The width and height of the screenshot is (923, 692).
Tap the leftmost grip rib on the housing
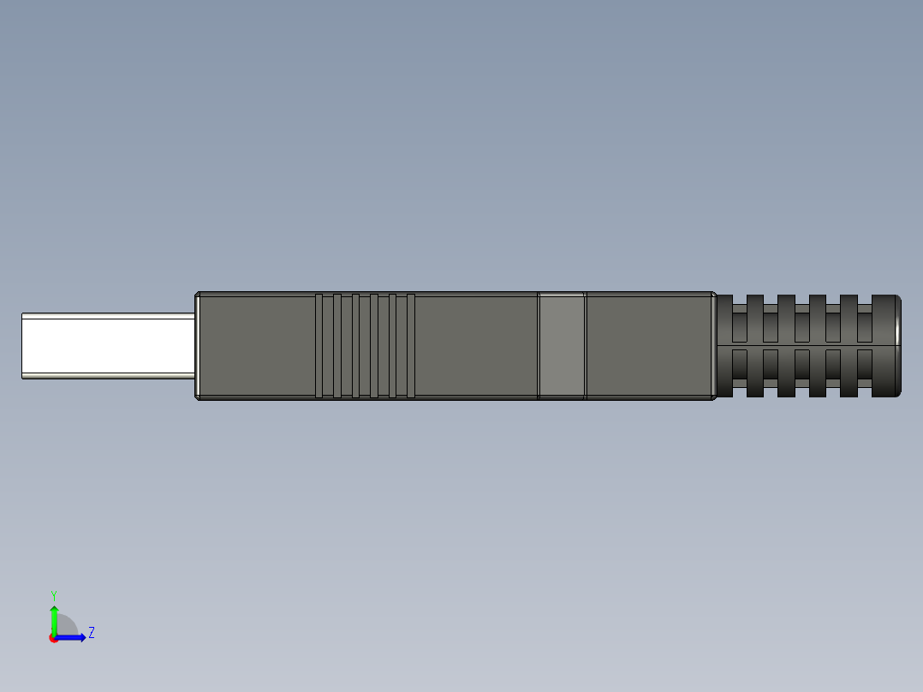(x=319, y=346)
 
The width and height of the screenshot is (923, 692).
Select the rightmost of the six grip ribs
(x=411, y=346)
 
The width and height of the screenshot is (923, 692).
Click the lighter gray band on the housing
(x=562, y=346)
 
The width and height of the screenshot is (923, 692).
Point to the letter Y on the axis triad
(x=54, y=594)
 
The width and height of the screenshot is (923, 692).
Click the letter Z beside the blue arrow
(x=92, y=633)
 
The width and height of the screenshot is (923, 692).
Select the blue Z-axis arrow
(x=73, y=637)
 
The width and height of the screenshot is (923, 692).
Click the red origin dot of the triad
(x=53, y=638)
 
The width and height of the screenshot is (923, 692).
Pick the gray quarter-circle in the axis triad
(x=66, y=627)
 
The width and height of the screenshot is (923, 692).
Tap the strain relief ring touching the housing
(x=724, y=346)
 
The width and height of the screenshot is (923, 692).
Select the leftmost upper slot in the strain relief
(x=739, y=326)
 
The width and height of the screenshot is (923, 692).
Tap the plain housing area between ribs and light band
(x=475, y=346)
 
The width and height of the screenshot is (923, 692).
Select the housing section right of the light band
(x=648, y=346)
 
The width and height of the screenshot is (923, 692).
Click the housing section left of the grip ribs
(x=255, y=346)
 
